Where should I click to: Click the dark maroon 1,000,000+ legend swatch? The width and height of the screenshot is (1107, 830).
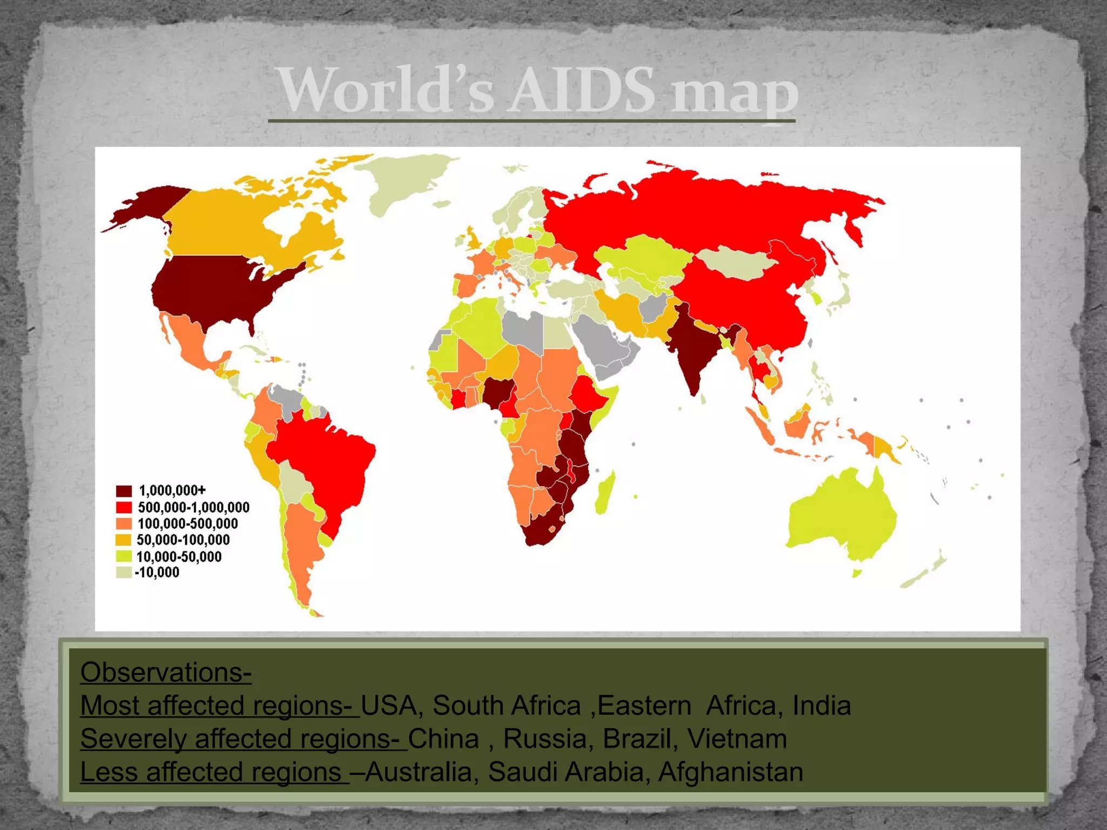click(124, 491)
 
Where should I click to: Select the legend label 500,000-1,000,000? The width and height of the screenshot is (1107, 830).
click(194, 507)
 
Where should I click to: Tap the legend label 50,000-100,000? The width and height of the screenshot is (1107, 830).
click(183, 540)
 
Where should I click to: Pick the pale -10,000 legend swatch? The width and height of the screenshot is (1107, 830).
click(124, 572)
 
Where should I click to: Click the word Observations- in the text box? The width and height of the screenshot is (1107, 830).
click(165, 672)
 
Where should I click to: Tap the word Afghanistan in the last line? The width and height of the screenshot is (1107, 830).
click(730, 772)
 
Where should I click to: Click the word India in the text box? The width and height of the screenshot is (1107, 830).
click(822, 706)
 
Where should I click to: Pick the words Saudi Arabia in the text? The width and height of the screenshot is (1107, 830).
click(565, 772)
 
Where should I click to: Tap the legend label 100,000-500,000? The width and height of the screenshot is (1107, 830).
click(188, 524)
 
